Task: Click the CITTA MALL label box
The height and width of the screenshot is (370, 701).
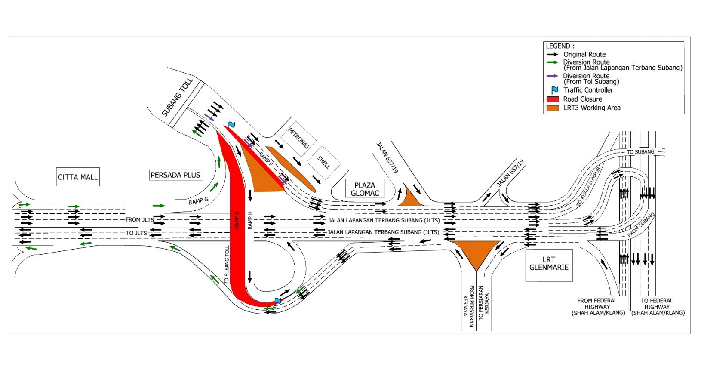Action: (78, 177)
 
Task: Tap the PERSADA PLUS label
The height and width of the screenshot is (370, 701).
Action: (176, 175)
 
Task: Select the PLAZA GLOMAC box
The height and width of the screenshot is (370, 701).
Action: (365, 189)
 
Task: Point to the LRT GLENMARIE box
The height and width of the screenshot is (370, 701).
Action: (549, 265)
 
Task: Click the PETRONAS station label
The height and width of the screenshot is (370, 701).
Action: (298, 139)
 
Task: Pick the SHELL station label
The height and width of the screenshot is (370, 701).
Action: (323, 163)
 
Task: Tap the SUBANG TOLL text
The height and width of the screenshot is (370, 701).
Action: (178, 97)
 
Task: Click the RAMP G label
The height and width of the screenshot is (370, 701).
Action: (198, 201)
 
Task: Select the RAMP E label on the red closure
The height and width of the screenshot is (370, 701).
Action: (237, 220)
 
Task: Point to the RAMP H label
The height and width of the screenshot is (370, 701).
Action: (250, 221)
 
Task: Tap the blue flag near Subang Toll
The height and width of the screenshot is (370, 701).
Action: (231, 125)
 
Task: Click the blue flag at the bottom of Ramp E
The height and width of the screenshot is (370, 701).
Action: (277, 300)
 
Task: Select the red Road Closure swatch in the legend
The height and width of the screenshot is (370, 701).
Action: (553, 99)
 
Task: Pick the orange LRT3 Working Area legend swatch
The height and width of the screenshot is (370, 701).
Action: (553, 108)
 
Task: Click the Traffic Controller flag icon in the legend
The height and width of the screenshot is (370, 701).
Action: (554, 90)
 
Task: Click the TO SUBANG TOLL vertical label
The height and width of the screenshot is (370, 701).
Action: (227, 265)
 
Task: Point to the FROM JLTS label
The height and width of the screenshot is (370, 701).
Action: (140, 220)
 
